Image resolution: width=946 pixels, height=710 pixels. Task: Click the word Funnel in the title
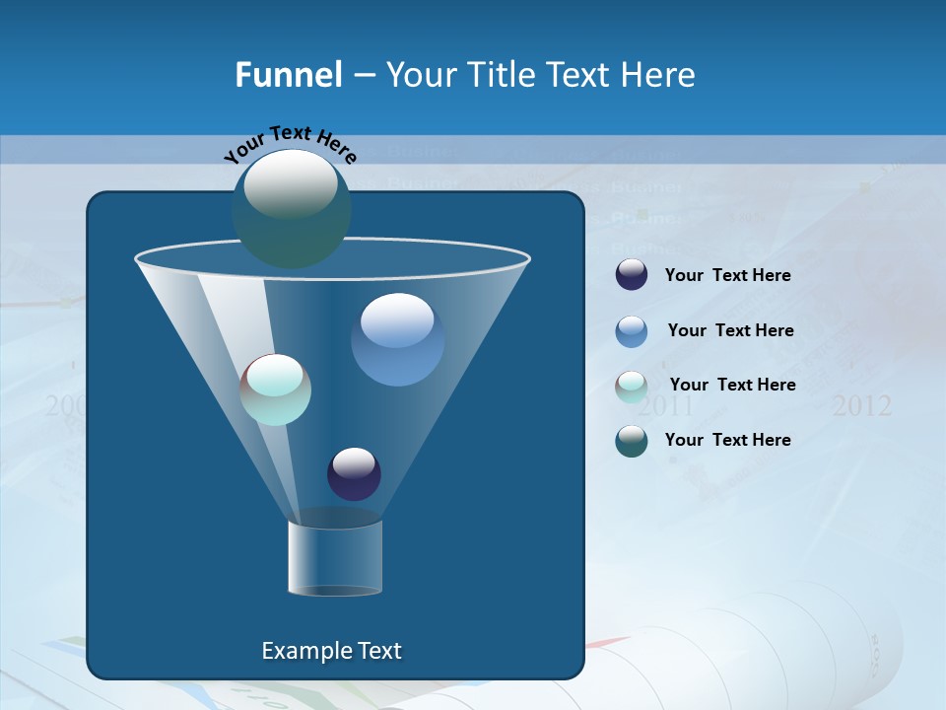pyautogui.click(x=288, y=75)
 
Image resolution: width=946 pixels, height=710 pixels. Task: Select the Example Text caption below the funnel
pyautogui.click(x=331, y=651)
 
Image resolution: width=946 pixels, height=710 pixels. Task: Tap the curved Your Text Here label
pyautogui.click(x=291, y=144)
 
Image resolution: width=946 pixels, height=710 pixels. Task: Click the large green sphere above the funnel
pyautogui.click(x=291, y=207)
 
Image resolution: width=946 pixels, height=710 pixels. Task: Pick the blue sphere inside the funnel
pyautogui.click(x=397, y=339)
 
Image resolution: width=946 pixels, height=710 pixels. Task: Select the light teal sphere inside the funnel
pyautogui.click(x=276, y=390)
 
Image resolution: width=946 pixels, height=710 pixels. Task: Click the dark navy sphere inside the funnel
pyautogui.click(x=354, y=473)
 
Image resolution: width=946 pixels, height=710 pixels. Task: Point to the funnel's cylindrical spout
pyautogui.click(x=335, y=557)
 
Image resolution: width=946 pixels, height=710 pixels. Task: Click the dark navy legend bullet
pyautogui.click(x=632, y=275)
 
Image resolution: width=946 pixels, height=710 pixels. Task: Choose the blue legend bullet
pyautogui.click(x=632, y=331)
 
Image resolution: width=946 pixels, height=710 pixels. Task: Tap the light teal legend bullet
pyautogui.click(x=632, y=387)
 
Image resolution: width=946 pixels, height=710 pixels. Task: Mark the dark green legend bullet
pyautogui.click(x=632, y=441)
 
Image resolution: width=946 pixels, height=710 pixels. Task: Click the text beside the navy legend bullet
pyautogui.click(x=727, y=276)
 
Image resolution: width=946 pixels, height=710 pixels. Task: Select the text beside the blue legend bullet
pyautogui.click(x=730, y=331)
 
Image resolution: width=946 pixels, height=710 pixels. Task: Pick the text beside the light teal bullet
pyautogui.click(x=732, y=386)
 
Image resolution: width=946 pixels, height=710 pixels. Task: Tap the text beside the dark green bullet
pyautogui.click(x=727, y=441)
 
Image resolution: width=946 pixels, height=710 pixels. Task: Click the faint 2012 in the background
pyautogui.click(x=861, y=406)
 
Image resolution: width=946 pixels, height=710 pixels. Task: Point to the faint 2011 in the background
pyautogui.click(x=666, y=406)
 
